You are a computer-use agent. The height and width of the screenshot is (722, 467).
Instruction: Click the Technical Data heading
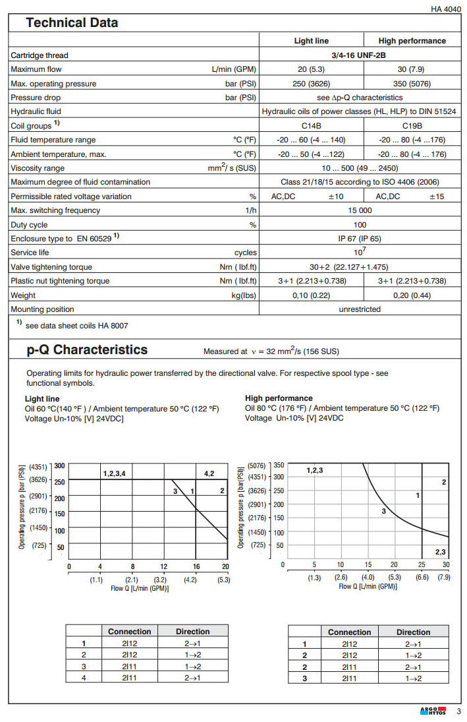(72, 22)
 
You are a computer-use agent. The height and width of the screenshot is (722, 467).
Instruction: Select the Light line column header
(311, 41)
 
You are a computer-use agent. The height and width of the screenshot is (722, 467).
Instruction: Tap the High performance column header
(412, 41)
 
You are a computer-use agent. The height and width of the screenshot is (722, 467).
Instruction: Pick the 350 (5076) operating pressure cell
(412, 84)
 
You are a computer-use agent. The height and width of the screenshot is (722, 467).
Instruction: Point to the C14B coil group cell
(311, 125)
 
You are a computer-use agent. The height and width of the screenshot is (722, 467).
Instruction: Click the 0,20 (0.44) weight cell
(412, 295)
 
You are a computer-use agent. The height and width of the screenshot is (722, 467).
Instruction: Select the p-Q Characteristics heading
(87, 350)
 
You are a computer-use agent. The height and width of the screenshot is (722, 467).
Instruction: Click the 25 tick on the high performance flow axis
(421, 564)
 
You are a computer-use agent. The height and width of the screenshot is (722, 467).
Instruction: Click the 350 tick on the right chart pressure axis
(278, 464)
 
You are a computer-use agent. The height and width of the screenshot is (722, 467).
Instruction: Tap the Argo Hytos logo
(432, 711)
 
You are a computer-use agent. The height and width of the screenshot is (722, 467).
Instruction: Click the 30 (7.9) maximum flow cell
(412, 69)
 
